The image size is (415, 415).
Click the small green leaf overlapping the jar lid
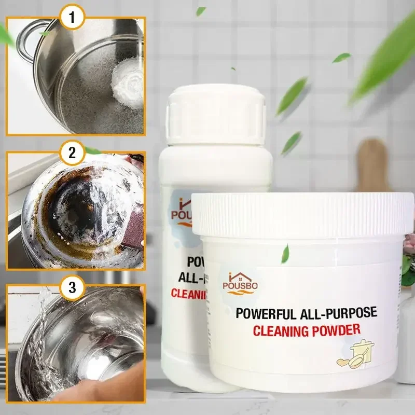(x=285, y=254)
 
